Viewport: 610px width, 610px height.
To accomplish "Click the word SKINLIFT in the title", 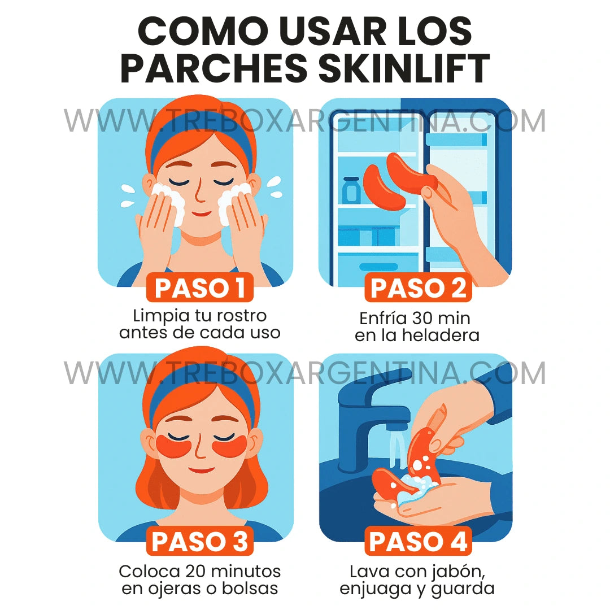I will coord(404,69).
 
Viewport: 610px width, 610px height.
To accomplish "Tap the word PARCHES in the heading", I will coord(214,69).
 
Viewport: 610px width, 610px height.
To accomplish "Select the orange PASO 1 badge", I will coord(200,288).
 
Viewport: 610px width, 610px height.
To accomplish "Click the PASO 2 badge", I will coord(418,288).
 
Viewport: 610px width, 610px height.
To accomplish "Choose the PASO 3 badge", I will coord(200,542).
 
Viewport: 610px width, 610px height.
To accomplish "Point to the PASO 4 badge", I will coord(418,542).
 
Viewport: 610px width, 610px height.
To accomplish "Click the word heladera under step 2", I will coord(441,335).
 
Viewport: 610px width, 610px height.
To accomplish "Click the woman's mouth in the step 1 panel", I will coord(200,214).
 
